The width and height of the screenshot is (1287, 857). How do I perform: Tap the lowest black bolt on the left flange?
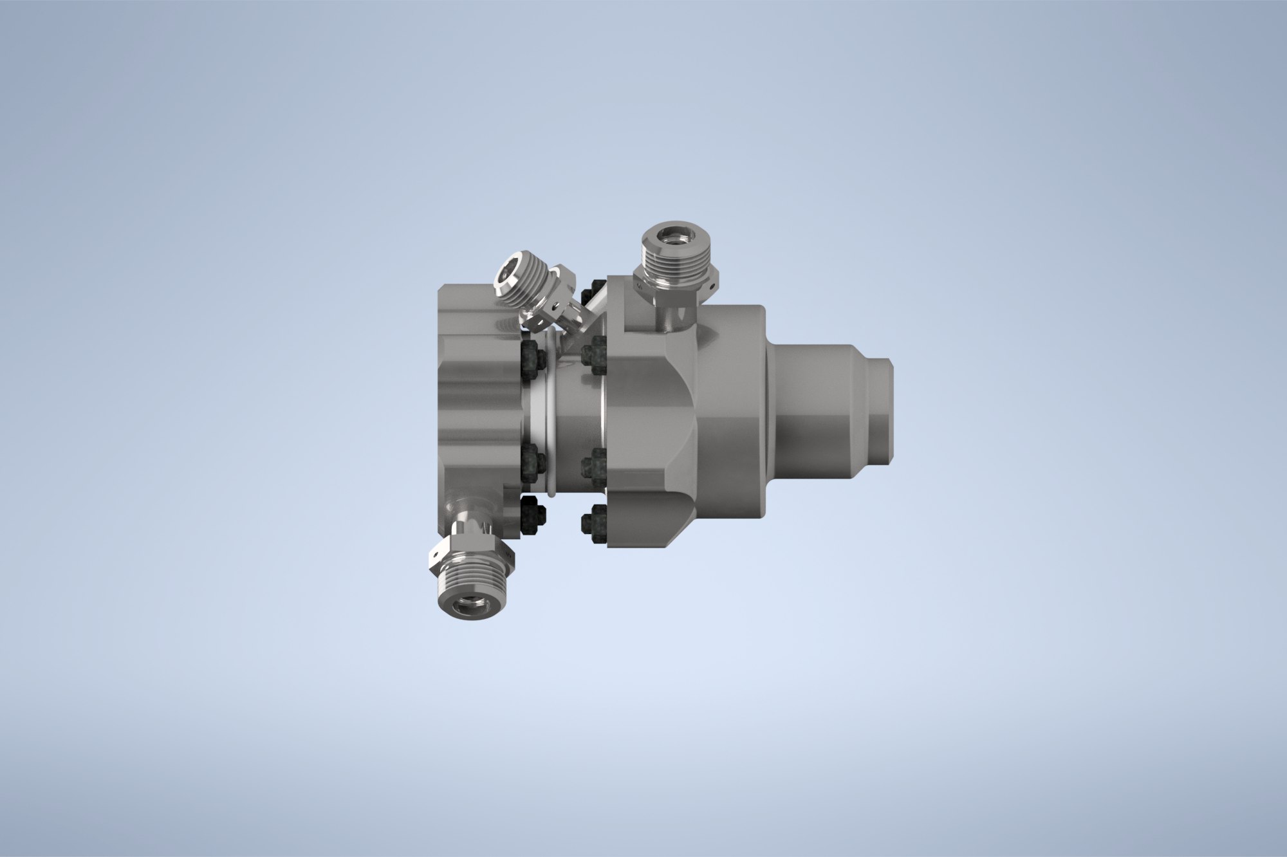[533, 515]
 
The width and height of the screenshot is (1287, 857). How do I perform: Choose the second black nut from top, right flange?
[593, 354]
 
